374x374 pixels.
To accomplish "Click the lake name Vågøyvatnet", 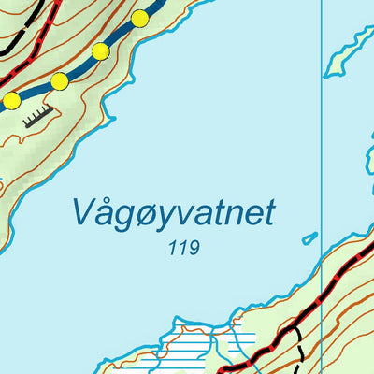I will click(x=173, y=212).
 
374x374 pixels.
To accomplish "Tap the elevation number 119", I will click(x=185, y=249).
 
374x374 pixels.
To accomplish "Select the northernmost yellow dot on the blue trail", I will click(x=140, y=18).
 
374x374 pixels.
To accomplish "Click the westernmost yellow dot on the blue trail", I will click(x=11, y=100).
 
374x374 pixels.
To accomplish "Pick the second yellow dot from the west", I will click(x=60, y=81).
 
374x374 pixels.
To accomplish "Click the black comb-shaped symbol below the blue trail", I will click(x=37, y=115).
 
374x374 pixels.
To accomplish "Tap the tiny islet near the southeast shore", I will click(x=309, y=238).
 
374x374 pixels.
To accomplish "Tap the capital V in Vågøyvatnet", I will click(x=82, y=212).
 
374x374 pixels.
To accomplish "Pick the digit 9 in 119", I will click(x=194, y=249).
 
